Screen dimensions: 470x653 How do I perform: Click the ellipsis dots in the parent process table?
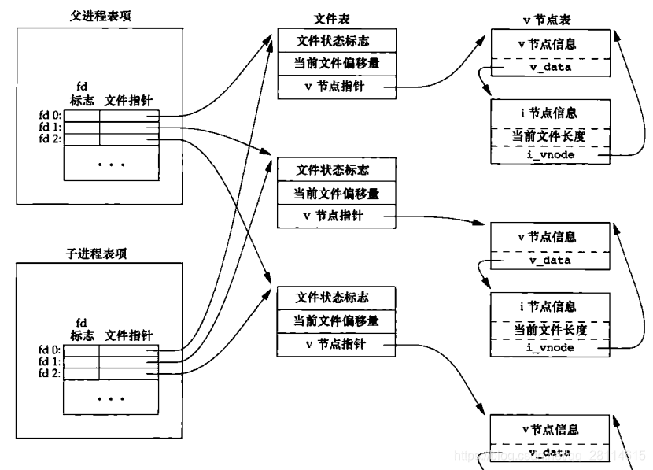click(x=111, y=165)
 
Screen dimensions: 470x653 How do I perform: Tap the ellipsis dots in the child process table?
click(x=111, y=398)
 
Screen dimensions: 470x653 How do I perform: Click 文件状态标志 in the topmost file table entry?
click(x=331, y=40)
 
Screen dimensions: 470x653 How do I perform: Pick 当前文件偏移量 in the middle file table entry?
click(x=331, y=193)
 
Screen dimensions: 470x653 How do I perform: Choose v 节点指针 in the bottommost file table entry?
click(x=331, y=344)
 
